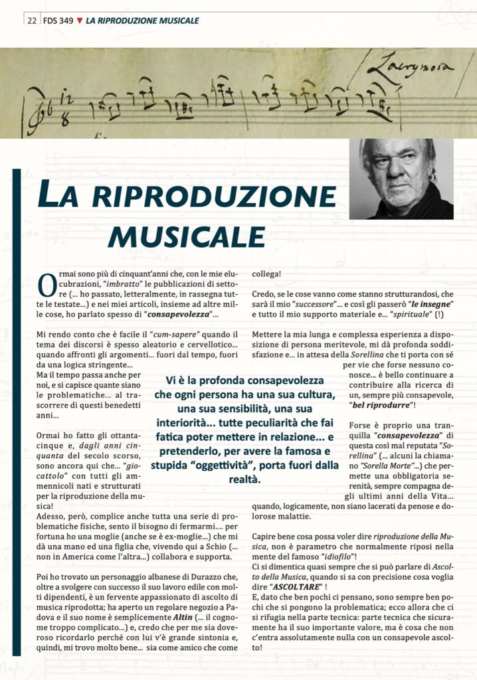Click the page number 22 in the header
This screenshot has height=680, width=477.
(31, 21)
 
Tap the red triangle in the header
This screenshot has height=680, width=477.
(80, 21)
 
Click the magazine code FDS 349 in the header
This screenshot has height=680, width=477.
(58, 21)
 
